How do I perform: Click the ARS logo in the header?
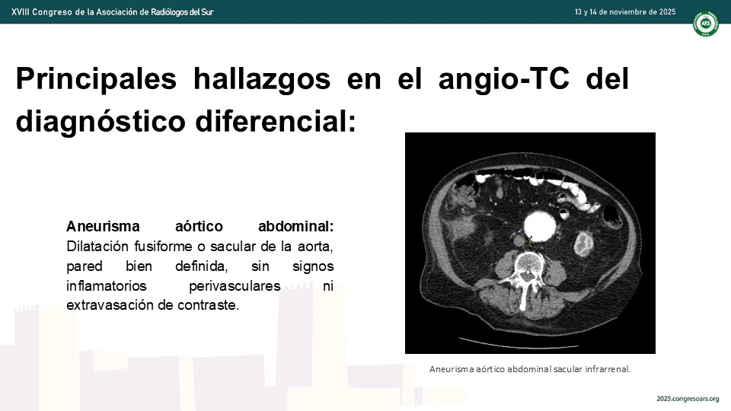(x=705, y=24)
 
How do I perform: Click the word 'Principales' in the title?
(x=97, y=79)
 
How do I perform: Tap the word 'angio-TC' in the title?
(x=504, y=79)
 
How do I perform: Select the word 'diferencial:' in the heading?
(x=276, y=122)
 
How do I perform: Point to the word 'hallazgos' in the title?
(x=262, y=79)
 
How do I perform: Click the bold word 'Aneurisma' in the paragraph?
(x=103, y=227)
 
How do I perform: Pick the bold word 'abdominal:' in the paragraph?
(x=296, y=227)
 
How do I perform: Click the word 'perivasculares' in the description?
(x=235, y=285)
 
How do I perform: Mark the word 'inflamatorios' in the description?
(x=107, y=285)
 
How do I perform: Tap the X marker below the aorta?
(x=526, y=241)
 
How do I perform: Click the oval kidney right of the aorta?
(x=583, y=244)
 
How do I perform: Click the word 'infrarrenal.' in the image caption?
(x=608, y=369)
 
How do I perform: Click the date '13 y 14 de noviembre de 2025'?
(x=624, y=11)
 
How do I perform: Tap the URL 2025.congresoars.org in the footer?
(x=688, y=399)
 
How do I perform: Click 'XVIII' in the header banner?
(x=20, y=11)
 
